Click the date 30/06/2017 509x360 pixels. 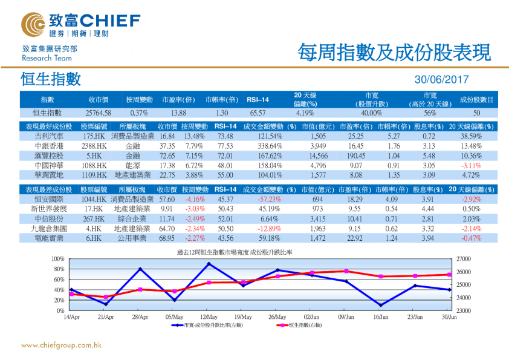[442, 80]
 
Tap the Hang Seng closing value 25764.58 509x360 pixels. [98, 113]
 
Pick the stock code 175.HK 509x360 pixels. [94, 137]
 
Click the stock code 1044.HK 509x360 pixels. [94, 199]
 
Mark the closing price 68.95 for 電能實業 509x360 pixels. [166, 238]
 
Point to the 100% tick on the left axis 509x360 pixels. [59, 259]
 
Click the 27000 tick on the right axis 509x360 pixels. [464, 259]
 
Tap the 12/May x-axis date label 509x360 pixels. [209, 317]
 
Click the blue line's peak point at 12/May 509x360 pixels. [209, 264]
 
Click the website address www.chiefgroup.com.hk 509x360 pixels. [61, 345]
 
